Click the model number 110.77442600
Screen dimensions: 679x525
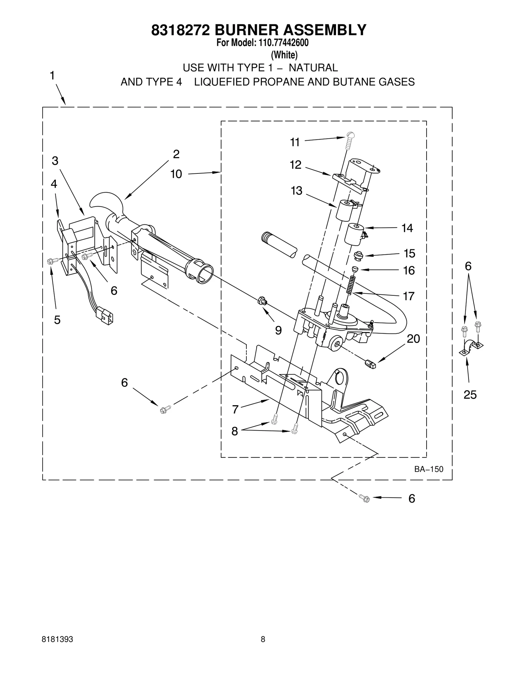[x=283, y=43]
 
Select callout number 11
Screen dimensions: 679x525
[x=295, y=142]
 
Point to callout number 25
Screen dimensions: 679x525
[x=470, y=395]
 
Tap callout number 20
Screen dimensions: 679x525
[x=413, y=339]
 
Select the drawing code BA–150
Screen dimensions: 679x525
[x=429, y=469]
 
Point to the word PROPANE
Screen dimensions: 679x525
[x=283, y=82]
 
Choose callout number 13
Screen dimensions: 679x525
[x=296, y=191]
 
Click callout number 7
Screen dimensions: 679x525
[x=235, y=409]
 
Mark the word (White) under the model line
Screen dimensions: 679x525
[x=284, y=54]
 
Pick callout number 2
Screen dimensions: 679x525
[x=176, y=154]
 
